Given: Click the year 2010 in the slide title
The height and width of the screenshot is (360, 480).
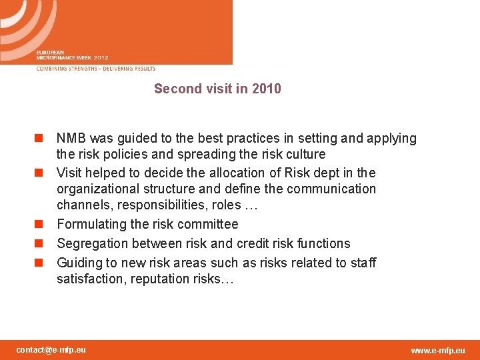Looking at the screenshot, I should (x=266, y=89).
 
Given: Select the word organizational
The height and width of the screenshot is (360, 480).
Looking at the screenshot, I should (x=97, y=189).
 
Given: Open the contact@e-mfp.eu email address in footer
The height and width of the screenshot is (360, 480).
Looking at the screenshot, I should (x=51, y=350).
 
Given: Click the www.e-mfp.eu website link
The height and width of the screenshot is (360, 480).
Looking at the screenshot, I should (x=438, y=351).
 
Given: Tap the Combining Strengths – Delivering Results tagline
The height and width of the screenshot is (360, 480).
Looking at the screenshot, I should (x=96, y=69).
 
